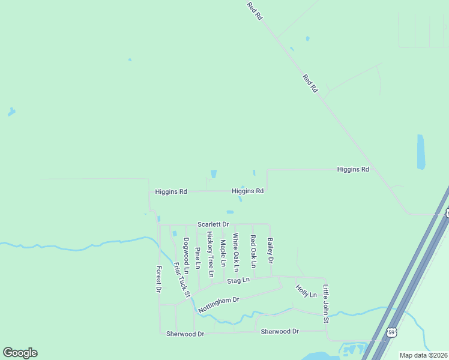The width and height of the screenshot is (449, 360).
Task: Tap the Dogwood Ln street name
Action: pos(186,256)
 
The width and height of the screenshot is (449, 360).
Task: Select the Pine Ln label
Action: pos(197,257)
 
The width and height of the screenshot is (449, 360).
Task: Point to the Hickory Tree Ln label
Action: pos(210,254)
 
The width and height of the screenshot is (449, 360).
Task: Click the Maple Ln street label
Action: pos(223,253)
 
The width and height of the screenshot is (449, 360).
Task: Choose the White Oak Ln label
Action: pos(236,253)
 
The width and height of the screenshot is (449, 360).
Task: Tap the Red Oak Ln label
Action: pos(253,251)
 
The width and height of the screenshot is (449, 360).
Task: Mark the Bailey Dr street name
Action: pos(270,251)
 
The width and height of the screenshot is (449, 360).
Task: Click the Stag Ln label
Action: pos(238,280)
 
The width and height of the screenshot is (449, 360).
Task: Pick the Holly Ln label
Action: pos(306,291)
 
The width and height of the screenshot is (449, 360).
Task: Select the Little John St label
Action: pos(326,304)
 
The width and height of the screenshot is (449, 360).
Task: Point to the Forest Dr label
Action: pos(159,279)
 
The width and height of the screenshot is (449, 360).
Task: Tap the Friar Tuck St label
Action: pos(181,280)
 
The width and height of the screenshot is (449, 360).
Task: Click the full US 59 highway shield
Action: pos(391,332)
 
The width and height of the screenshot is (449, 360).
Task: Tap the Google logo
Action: pos(20,353)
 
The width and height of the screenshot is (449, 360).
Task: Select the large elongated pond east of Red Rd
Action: pos(421,152)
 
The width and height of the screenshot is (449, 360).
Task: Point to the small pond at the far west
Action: pos(11,112)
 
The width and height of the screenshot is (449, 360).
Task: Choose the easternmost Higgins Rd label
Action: pos(353,170)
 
